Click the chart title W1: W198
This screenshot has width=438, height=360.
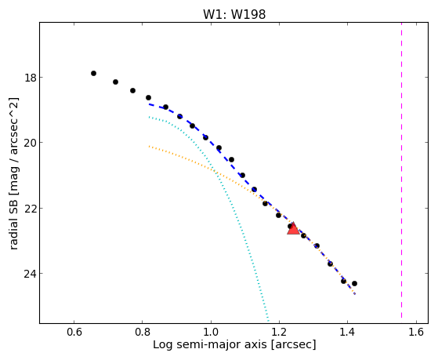(234, 14)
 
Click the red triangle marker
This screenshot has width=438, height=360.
(293, 229)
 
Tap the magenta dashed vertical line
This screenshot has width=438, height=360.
(402, 170)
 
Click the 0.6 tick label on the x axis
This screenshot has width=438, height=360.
(74, 332)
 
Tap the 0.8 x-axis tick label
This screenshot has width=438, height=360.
(143, 332)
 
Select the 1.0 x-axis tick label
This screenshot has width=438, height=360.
(211, 332)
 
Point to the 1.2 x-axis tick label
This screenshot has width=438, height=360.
(280, 332)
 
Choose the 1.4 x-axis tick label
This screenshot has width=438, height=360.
(347, 332)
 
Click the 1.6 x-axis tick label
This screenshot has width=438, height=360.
(416, 332)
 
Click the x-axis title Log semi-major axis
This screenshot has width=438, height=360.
(209, 344)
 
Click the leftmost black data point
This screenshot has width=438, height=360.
(93, 73)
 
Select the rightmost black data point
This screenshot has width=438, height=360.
(354, 283)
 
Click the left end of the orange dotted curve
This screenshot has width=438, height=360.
(150, 146)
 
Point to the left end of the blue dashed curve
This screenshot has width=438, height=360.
(150, 104)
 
